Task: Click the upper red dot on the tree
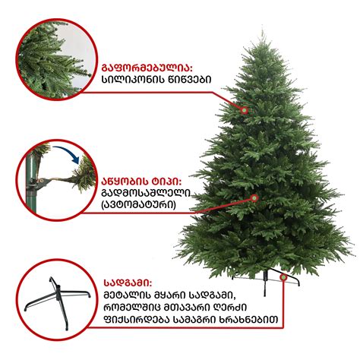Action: click(x=245, y=110)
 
